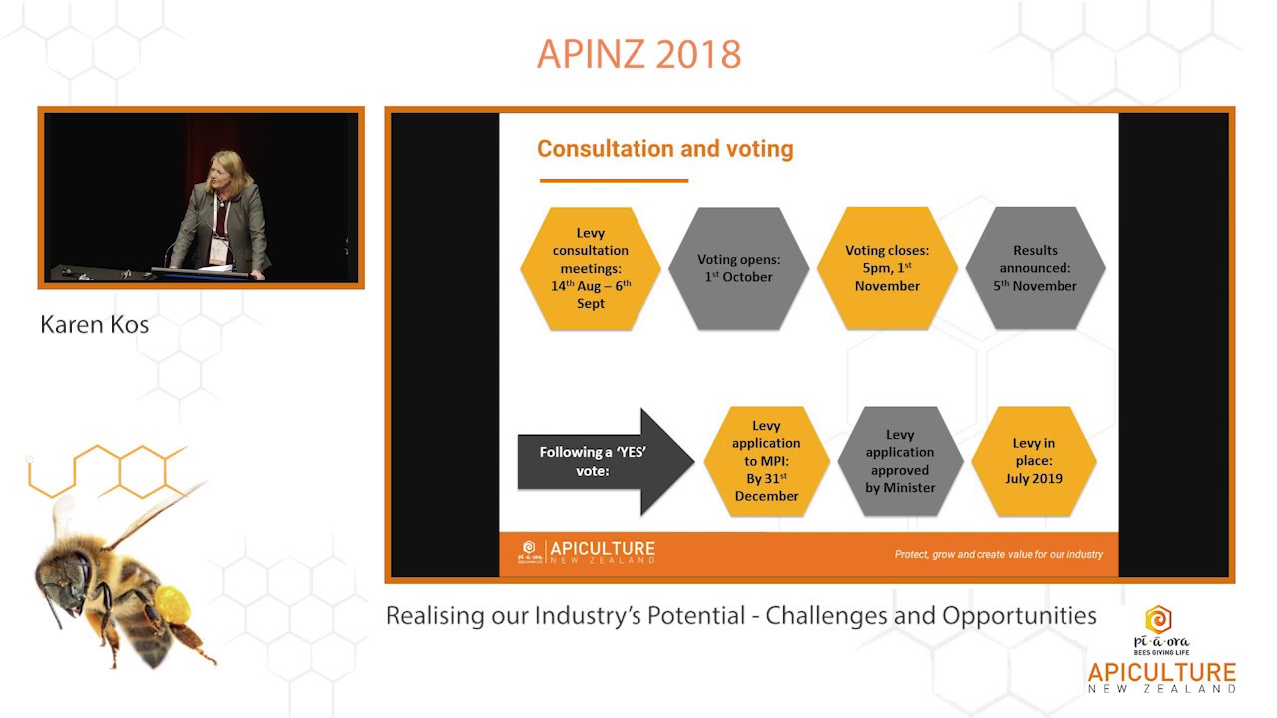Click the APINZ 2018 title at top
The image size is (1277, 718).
coord(638,54)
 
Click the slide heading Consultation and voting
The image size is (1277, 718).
coord(664,149)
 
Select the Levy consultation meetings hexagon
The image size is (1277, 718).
coord(591,269)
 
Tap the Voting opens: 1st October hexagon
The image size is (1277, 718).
coord(738,269)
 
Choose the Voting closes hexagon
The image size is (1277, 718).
coord(887,269)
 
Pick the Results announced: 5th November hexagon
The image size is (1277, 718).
coord(1035,269)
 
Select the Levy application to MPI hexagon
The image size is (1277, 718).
coord(766,461)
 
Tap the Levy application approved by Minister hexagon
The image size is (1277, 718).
coord(900,461)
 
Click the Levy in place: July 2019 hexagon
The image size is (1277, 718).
coord(1033,461)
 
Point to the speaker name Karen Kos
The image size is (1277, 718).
coord(94,325)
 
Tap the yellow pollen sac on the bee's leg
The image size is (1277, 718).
coord(172,604)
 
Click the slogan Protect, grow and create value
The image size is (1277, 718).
coord(998,554)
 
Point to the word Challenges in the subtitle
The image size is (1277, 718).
coord(827,615)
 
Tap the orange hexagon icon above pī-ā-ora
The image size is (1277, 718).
coord(1157,619)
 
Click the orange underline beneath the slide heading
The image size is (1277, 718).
coord(614,181)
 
